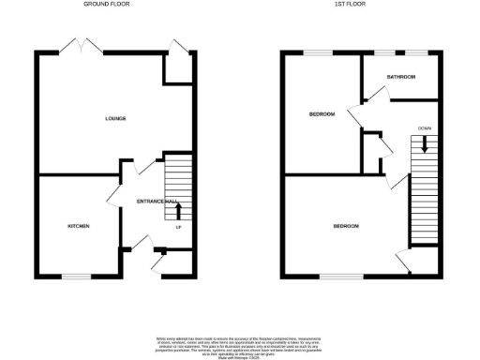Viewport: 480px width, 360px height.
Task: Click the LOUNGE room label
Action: pyautogui.click(x=115, y=118)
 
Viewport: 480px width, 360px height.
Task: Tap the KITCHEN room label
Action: pyautogui.click(x=78, y=227)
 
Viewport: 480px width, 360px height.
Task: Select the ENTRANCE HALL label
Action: pyautogui.click(x=157, y=202)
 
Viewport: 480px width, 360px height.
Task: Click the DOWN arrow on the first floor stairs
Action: pyautogui.click(x=425, y=144)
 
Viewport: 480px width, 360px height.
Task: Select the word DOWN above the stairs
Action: pyautogui.click(x=425, y=128)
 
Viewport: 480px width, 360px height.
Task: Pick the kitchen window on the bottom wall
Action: pyautogui.click(x=76, y=275)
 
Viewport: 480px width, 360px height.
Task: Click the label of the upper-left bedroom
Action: pyautogui.click(x=322, y=114)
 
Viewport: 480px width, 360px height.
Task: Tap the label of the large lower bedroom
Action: pyautogui.click(x=345, y=226)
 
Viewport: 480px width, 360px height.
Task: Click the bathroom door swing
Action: pyautogui.click(x=381, y=93)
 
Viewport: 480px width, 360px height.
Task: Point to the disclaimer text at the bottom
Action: pyautogui.click(x=239, y=343)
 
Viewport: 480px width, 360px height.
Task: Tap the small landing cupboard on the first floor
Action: pyautogui.click(x=374, y=147)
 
